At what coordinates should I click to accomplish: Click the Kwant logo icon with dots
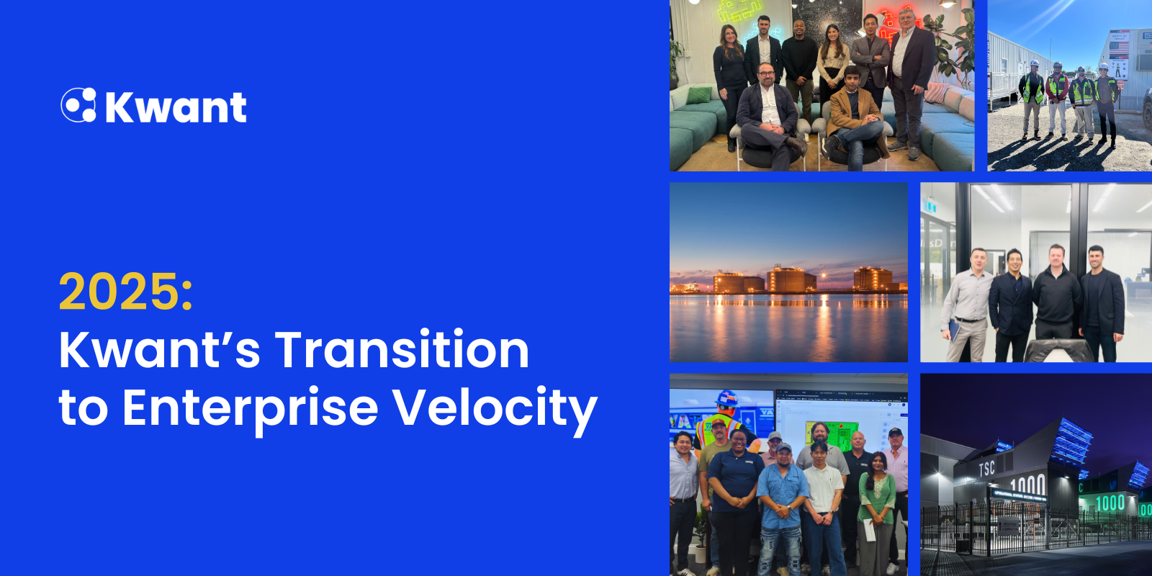point(78,105)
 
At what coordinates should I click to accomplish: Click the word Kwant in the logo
point(176,108)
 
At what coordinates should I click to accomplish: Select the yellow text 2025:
point(126,292)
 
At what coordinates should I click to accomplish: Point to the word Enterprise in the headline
point(250,408)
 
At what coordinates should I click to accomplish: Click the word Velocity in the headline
point(495,408)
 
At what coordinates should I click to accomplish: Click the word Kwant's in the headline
point(159,350)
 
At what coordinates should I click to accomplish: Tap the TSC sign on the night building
point(986,469)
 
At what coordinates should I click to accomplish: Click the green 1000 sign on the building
point(1110,503)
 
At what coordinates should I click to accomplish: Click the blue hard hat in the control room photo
point(727,398)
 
